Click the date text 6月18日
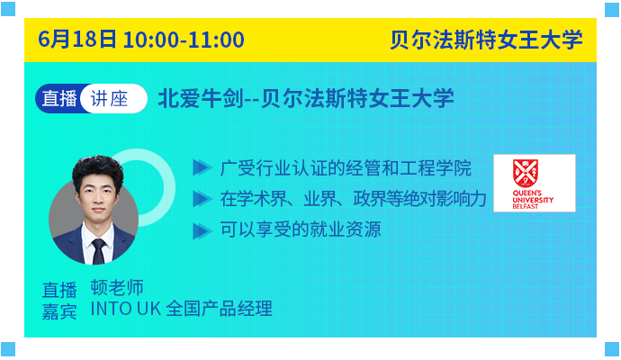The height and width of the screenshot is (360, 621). click(x=77, y=40)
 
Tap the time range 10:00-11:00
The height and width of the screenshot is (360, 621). click(x=184, y=40)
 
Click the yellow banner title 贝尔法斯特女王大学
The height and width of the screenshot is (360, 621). click(x=486, y=40)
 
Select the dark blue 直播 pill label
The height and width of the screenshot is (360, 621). click(x=59, y=99)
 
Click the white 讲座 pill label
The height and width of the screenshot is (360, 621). click(x=109, y=99)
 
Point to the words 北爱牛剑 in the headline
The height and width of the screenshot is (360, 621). click(x=201, y=99)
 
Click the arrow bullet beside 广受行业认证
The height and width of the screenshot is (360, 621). click(x=202, y=167)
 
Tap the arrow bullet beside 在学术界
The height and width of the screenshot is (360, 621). click(x=202, y=199)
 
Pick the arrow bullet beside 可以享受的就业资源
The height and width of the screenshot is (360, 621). click(x=202, y=231)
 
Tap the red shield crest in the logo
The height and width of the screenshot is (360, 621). click(x=526, y=173)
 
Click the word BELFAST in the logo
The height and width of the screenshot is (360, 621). click(x=526, y=206)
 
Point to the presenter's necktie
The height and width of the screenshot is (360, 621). click(x=98, y=251)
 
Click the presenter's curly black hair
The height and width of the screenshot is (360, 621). click(x=97, y=170)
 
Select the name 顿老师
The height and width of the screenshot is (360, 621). click(x=117, y=287)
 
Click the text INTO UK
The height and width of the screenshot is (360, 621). click(x=125, y=309)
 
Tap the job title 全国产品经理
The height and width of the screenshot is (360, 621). click(x=219, y=309)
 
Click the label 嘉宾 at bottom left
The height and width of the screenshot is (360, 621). click(x=59, y=311)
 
